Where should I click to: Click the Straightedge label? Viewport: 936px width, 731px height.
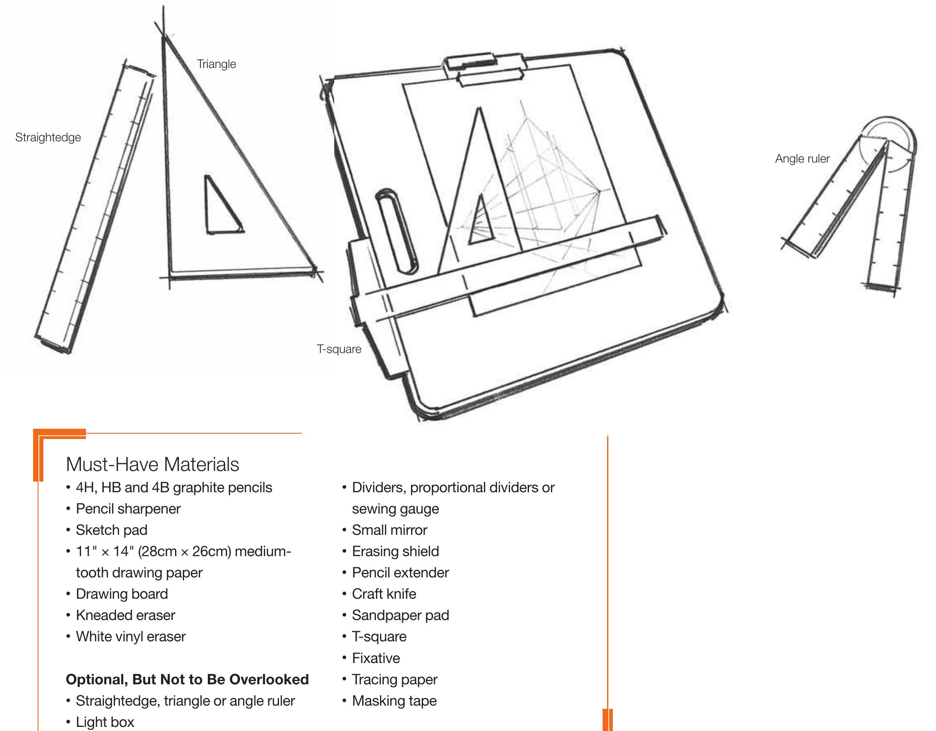click(48, 137)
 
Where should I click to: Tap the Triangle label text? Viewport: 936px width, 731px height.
click(216, 64)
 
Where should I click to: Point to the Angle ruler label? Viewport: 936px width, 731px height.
click(802, 159)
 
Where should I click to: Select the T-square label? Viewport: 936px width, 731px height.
click(339, 349)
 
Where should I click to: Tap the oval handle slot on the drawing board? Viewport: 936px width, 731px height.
click(396, 232)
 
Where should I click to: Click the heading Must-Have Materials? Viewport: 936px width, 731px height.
click(152, 464)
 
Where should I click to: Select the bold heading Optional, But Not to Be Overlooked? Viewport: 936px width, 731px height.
click(187, 679)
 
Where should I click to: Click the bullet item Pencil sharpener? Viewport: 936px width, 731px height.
click(128, 509)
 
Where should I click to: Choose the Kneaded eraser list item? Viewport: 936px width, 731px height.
click(125, 615)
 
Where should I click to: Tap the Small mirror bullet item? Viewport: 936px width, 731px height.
click(389, 530)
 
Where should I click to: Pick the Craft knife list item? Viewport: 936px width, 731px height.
click(384, 594)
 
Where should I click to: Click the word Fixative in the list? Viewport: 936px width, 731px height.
click(376, 658)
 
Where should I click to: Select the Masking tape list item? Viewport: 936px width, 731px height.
click(394, 701)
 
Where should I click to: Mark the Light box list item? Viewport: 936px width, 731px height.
click(105, 722)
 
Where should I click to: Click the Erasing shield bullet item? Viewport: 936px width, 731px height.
click(395, 551)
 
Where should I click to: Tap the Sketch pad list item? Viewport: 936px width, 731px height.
click(111, 530)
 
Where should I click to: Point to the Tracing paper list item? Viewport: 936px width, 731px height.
click(394, 679)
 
